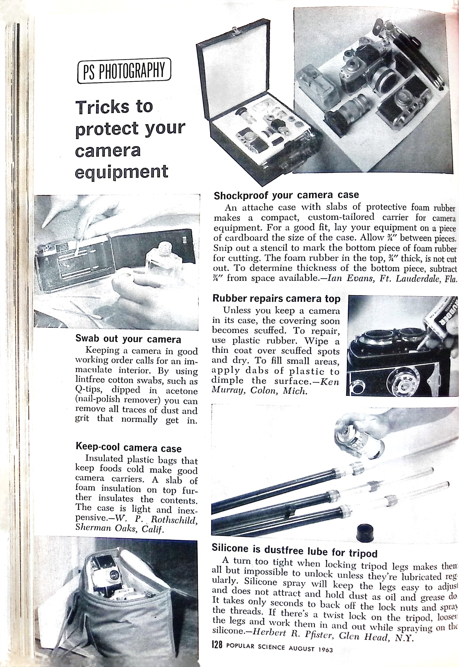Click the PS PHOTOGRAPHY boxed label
click(x=124, y=71)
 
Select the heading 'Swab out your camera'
click(x=128, y=339)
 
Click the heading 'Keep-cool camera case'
click(x=128, y=448)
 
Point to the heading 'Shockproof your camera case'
click(x=286, y=196)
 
